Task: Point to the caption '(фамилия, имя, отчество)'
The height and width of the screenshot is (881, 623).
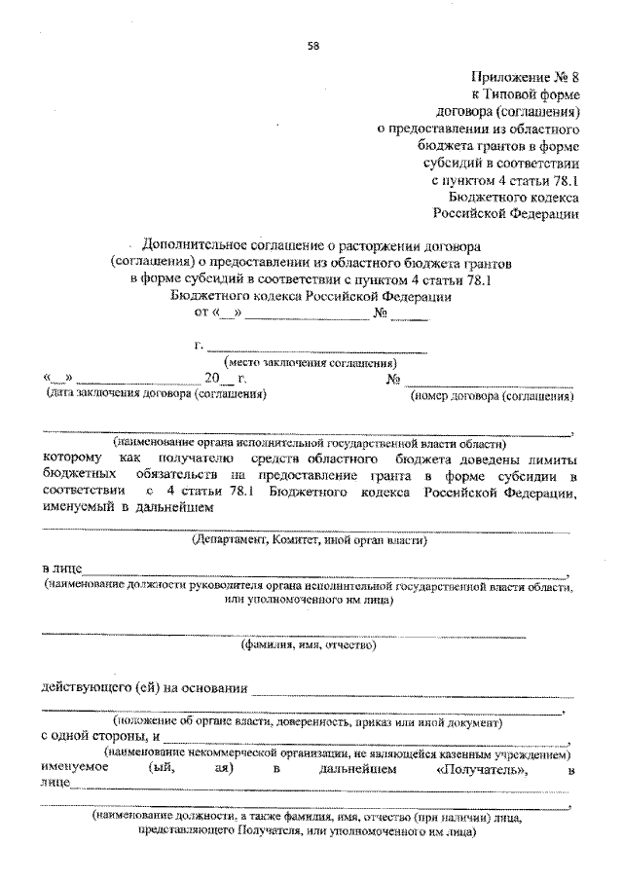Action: pos(309,643)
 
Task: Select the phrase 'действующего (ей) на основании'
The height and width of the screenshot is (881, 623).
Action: pos(140,688)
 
